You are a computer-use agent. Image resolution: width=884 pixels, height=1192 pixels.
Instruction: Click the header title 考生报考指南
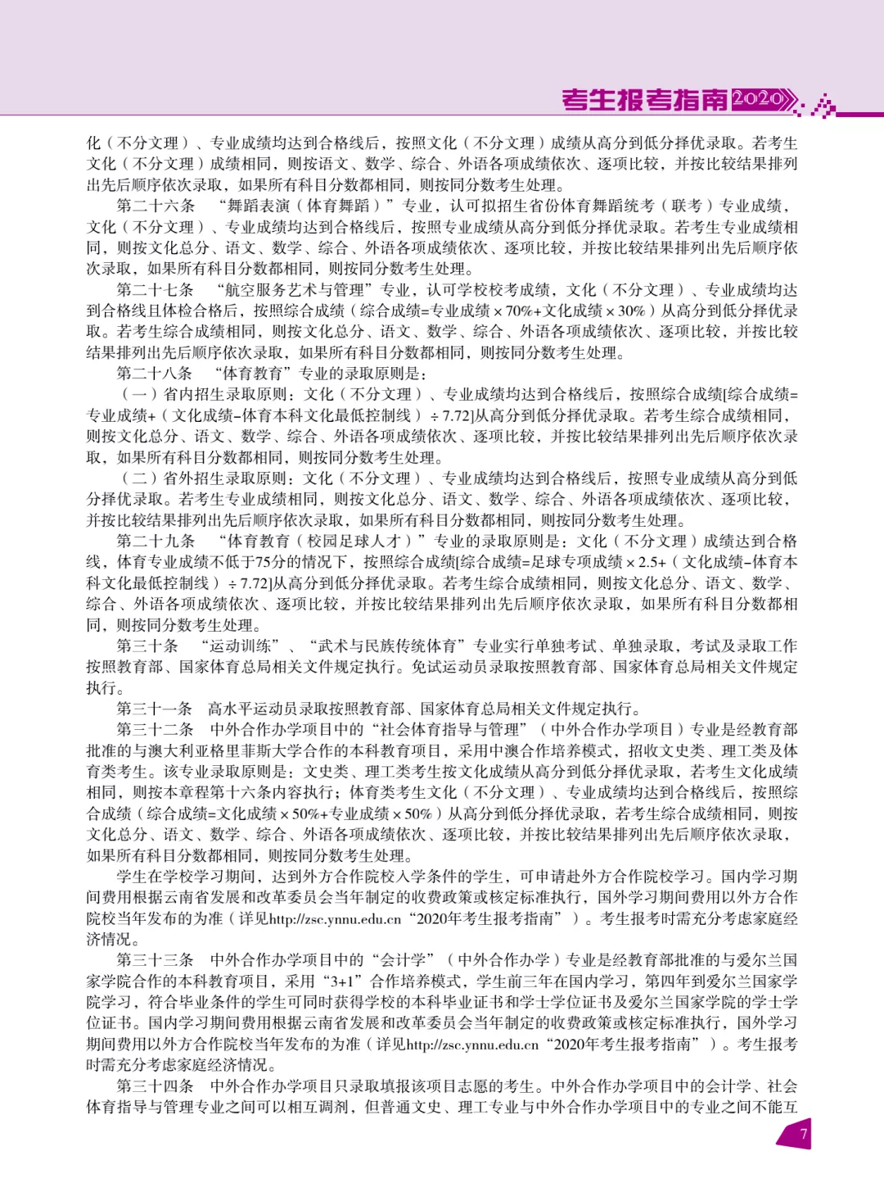[x=644, y=100]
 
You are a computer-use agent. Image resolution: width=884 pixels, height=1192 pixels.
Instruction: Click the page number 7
[x=803, y=1134]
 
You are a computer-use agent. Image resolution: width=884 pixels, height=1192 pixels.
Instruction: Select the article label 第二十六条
[x=156, y=206]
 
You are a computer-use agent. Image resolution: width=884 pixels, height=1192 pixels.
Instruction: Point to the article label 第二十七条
[x=156, y=290]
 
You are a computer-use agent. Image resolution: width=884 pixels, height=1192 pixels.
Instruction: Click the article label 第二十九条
[x=156, y=541]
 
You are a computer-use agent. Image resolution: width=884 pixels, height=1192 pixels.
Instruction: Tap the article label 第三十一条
[x=156, y=709]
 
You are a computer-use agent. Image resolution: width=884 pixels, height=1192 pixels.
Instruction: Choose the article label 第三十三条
[x=156, y=959]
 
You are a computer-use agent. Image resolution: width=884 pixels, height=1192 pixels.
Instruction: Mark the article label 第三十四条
[x=156, y=1085]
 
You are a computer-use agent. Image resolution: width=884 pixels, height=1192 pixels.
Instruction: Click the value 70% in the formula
[x=519, y=311]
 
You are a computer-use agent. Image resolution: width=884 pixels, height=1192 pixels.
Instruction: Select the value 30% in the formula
[x=631, y=311]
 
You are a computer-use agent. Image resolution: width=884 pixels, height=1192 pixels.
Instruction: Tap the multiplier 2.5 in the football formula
[x=652, y=562]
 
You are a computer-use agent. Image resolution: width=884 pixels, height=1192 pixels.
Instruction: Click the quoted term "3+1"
[x=343, y=981]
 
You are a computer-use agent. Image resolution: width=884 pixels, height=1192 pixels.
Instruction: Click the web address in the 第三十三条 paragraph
[x=472, y=1045]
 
